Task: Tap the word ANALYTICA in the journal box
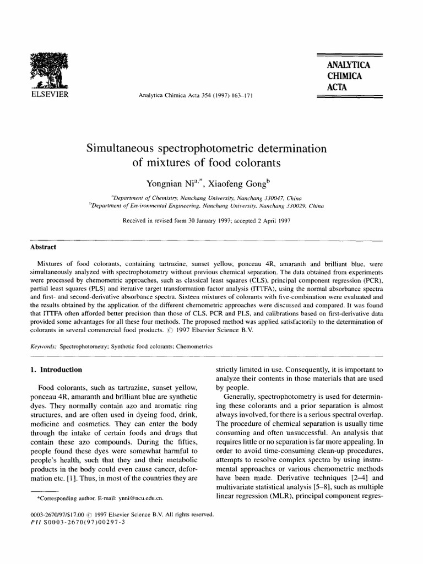point(348,66)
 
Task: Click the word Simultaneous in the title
point(123,149)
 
